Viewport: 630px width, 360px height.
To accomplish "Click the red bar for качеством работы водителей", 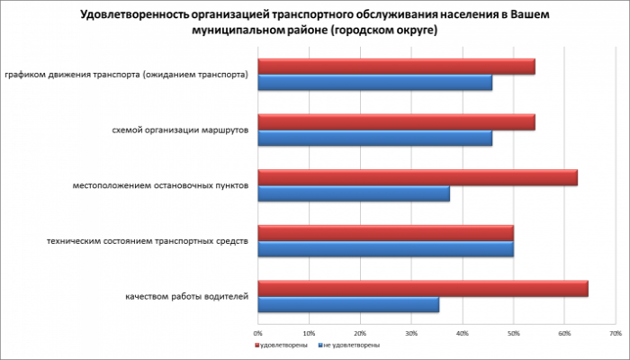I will pyautogui.click(x=423, y=288).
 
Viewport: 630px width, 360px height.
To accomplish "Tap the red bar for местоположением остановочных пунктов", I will pyautogui.click(x=418, y=177).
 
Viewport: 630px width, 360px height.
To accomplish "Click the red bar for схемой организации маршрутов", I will pyautogui.click(x=396, y=121).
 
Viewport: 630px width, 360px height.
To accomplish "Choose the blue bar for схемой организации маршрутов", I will pyautogui.click(x=374, y=139).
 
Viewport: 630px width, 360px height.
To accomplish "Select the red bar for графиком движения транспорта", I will pyautogui.click(x=396, y=66).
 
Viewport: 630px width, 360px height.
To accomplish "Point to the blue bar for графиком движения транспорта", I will pyautogui.click(x=374, y=83).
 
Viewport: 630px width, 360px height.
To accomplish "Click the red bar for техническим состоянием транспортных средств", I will pyautogui.click(x=385, y=232).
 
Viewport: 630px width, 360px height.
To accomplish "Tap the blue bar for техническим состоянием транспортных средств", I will pyautogui.click(x=385, y=249).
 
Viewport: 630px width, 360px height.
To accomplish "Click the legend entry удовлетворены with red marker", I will pyautogui.click(x=283, y=345).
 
